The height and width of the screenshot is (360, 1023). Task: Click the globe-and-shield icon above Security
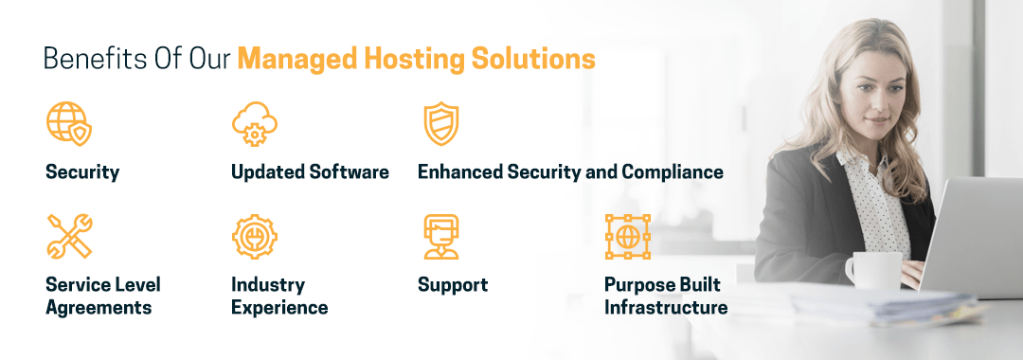69,124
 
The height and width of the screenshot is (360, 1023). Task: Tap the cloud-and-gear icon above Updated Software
255,124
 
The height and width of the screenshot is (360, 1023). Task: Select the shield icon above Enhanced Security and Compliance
440,124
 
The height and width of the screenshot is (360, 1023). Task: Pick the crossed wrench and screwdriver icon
69,236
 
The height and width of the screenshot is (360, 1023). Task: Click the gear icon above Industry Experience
255,236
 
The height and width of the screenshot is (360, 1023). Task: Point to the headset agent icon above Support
440,236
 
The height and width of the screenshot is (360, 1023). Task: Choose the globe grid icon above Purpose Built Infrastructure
628,236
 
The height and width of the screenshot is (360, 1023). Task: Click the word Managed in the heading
293,60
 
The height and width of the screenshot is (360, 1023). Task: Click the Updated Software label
310,172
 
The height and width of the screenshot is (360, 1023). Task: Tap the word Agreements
99,308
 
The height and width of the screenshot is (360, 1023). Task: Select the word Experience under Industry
279,308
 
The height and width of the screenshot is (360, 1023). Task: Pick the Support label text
453,285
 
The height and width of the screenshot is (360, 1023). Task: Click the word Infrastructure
666,308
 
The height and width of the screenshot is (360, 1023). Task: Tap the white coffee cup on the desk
871,270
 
